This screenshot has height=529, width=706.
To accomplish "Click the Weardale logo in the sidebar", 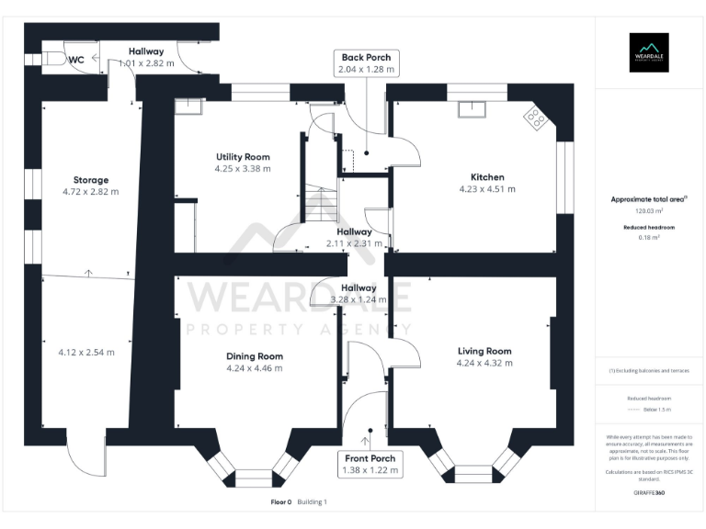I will [x=649, y=51].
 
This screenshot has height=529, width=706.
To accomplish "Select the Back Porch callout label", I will [x=366, y=62].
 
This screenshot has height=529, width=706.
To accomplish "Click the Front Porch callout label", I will [x=371, y=464].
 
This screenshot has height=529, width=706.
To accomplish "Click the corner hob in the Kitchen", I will [x=534, y=117].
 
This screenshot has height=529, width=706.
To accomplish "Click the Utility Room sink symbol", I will [x=191, y=108].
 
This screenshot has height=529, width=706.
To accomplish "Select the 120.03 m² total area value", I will [x=649, y=210].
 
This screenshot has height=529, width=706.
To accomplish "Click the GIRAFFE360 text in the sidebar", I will [x=649, y=493].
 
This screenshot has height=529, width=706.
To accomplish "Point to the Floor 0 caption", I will [x=280, y=502].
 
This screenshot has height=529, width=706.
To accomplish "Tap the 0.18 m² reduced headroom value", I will [x=649, y=237].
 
